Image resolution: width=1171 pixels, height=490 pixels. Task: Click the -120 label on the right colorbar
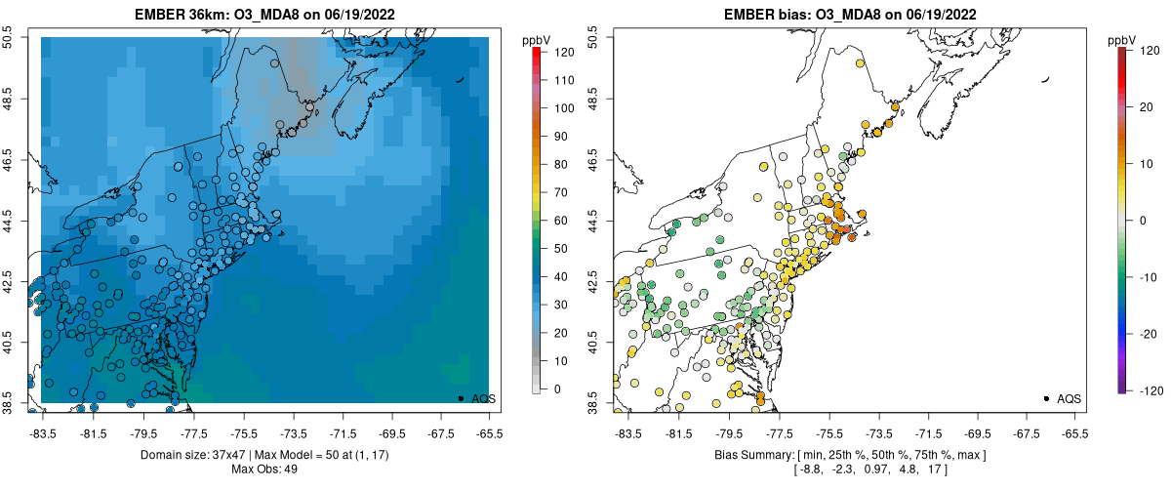click(x=1149, y=389)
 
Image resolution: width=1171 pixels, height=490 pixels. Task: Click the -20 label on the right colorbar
click(x=1149, y=333)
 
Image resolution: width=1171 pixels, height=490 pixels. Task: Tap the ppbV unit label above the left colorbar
click(x=537, y=40)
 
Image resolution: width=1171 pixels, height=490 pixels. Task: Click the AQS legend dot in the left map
click(x=461, y=398)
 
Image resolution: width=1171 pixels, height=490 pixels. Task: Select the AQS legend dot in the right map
click(x=1046, y=398)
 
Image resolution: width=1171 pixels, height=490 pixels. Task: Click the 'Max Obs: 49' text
click(x=264, y=470)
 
